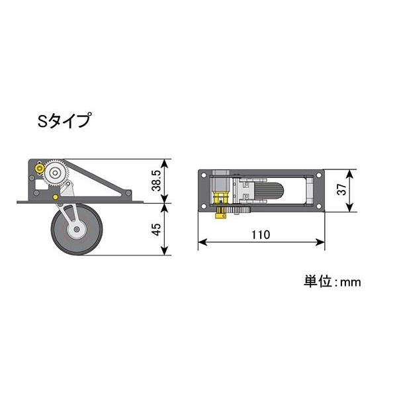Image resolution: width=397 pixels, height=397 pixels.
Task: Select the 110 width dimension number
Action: (261, 234)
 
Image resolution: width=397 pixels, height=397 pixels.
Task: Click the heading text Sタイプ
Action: (64, 122)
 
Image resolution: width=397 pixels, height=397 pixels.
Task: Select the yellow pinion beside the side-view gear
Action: (41, 169)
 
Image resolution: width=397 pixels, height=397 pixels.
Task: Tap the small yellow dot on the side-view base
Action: (56, 196)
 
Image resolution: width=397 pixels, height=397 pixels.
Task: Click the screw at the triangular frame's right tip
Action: (128, 193)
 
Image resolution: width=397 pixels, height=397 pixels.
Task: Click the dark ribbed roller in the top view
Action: (269, 191)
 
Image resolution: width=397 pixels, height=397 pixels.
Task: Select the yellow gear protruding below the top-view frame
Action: (220, 213)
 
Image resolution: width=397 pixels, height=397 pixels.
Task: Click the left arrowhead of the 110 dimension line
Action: (200, 243)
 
